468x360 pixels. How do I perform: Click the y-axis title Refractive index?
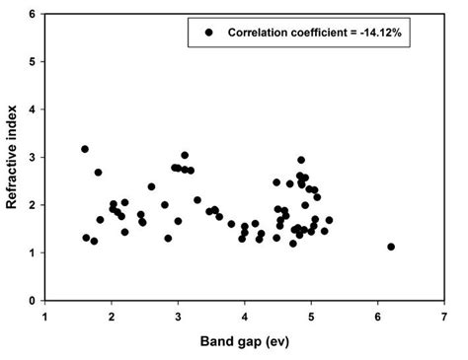[x=13, y=158]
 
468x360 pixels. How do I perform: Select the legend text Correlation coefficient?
[x=286, y=33]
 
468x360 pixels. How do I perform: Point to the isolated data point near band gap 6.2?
[x=391, y=247]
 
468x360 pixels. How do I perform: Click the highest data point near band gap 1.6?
[x=85, y=149]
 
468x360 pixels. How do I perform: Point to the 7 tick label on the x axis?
[x=444, y=318]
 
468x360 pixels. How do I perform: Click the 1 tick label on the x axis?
[x=45, y=318]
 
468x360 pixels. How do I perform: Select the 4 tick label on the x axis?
[x=245, y=318]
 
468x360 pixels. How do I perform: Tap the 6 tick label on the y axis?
[x=33, y=15]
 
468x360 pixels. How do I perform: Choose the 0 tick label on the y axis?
[x=33, y=301]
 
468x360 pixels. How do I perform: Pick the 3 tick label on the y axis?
[x=33, y=158]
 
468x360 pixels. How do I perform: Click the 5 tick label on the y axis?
[x=33, y=62]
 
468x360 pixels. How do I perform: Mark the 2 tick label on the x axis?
[x=112, y=318]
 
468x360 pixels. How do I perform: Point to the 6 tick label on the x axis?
[x=378, y=318]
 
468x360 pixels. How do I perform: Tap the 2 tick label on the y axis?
[x=33, y=205]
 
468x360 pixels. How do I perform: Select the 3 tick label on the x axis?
[x=178, y=318]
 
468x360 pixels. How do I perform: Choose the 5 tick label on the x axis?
[x=311, y=318]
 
